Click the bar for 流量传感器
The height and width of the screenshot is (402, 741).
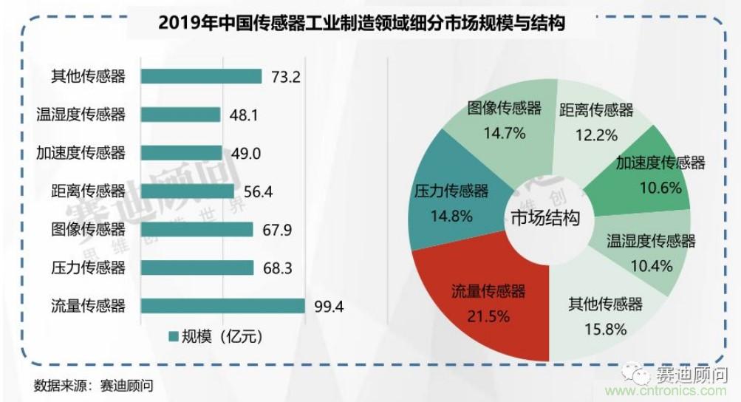(x=222, y=305)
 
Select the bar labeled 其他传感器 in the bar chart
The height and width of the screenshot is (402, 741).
(x=200, y=76)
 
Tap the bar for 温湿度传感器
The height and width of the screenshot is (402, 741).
(x=180, y=115)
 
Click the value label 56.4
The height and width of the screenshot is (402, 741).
(x=259, y=191)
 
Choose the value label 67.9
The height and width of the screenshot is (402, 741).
(x=277, y=230)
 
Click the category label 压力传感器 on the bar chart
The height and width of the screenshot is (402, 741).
(x=88, y=268)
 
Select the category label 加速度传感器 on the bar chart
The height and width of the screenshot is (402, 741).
(x=81, y=153)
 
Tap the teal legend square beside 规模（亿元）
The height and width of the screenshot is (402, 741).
(x=174, y=337)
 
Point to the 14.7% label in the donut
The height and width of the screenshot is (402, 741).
(x=505, y=134)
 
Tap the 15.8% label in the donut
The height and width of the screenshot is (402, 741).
(x=606, y=328)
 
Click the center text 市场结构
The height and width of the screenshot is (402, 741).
(x=544, y=218)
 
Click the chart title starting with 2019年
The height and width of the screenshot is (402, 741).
(x=362, y=24)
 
